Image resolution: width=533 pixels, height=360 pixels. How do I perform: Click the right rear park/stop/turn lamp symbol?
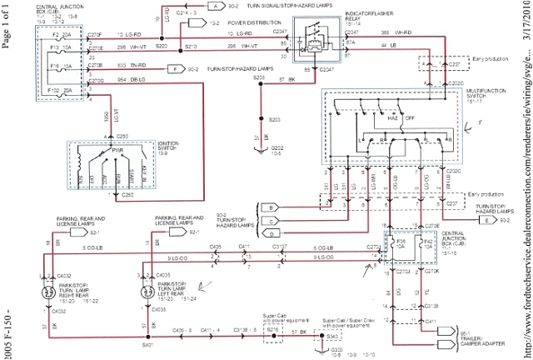tap(38, 270)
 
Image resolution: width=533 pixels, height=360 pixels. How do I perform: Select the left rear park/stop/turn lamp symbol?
tap(148, 271)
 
